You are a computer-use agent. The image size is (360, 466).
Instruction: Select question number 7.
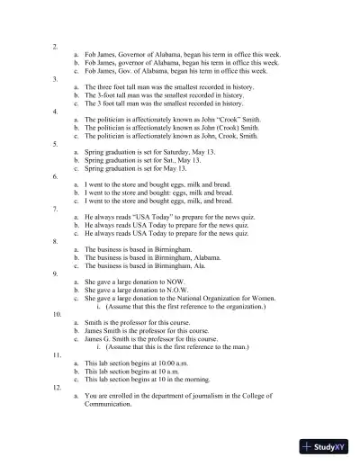pos(56,209)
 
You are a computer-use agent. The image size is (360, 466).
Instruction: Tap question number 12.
pos(57,387)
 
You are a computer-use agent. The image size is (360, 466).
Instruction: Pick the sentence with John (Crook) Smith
pos(172,128)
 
